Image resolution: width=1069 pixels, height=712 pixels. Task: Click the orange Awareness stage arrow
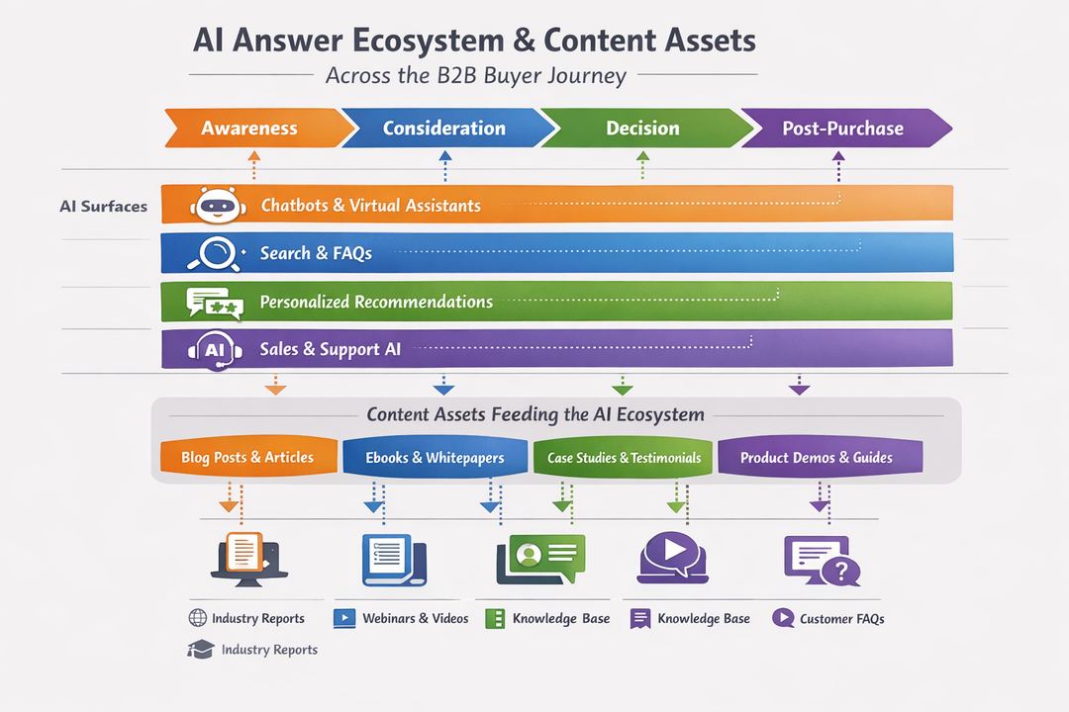click(x=249, y=129)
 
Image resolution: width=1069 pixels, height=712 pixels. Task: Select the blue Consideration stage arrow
click(x=444, y=129)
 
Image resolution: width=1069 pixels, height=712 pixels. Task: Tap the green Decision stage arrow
click(x=642, y=129)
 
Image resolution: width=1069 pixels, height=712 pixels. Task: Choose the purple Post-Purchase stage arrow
click(x=842, y=129)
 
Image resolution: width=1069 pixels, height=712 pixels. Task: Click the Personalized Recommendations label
click(x=376, y=302)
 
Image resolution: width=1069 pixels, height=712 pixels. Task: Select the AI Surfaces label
click(x=103, y=207)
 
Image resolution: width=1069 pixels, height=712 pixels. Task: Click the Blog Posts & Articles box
click(x=247, y=457)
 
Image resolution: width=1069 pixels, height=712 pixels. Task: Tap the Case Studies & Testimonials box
click(x=624, y=458)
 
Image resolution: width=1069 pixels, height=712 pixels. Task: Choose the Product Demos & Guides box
click(x=818, y=458)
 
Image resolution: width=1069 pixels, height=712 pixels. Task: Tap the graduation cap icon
click(x=201, y=650)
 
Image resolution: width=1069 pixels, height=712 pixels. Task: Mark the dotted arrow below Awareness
click(x=253, y=165)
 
